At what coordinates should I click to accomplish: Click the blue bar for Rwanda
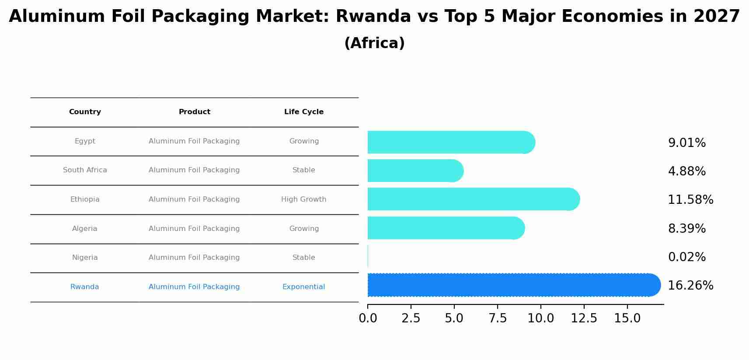tap(512, 285)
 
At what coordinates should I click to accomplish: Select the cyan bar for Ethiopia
tap(472, 199)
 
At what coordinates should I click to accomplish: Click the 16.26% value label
tap(690, 286)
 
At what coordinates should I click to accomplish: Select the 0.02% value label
tap(686, 257)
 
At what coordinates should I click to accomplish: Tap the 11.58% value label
tap(690, 200)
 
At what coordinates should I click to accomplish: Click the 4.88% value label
tap(686, 171)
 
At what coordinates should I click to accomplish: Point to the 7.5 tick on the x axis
tap(497, 318)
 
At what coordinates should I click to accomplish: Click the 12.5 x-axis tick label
tap(584, 318)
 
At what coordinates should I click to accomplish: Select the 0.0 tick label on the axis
tap(368, 318)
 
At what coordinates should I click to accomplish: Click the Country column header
tap(85, 112)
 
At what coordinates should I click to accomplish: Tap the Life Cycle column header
tap(304, 112)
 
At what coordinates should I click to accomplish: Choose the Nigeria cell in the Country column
tap(85, 258)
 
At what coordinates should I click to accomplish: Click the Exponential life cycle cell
tap(303, 287)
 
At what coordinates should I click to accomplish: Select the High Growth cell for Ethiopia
tap(303, 199)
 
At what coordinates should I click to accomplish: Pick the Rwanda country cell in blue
tap(84, 287)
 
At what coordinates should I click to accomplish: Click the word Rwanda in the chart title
tap(373, 17)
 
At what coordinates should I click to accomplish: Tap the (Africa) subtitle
tap(374, 43)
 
